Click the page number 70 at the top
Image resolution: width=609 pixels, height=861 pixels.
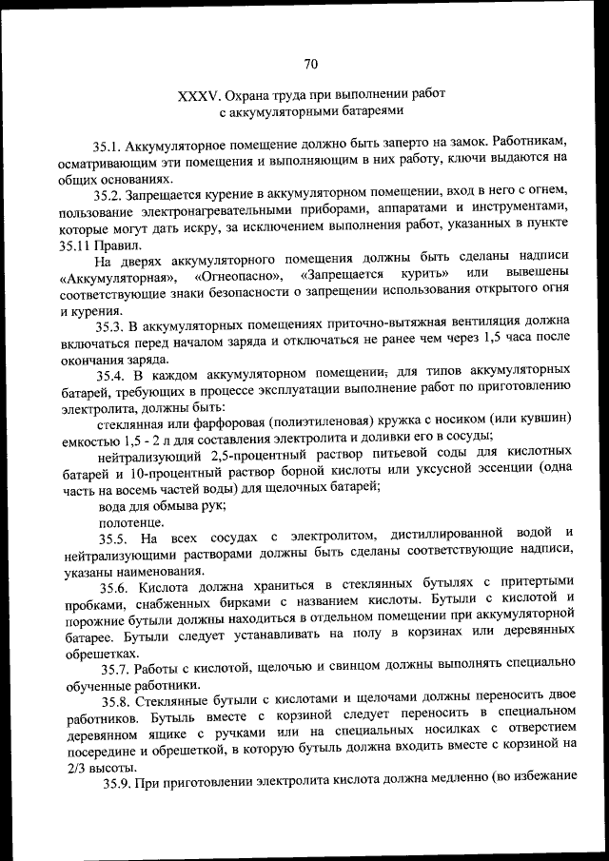(310, 65)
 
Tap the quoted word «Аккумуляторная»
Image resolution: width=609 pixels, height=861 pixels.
(119, 276)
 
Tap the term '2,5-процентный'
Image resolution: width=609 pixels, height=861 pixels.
(269, 456)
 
